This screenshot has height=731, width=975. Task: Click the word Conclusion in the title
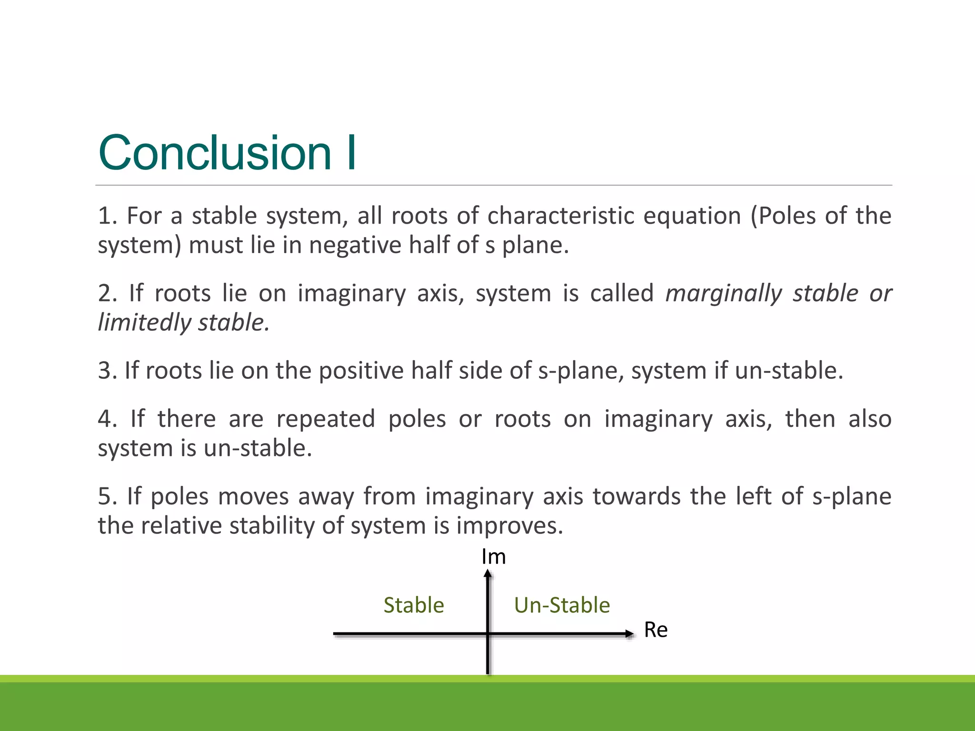214,153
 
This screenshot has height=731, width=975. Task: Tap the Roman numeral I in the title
351,153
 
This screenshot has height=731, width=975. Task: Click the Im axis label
493,557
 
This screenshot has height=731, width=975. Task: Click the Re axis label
656,630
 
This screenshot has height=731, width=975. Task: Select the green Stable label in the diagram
414,605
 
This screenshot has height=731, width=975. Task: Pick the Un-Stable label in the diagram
562,605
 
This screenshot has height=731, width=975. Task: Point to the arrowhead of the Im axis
487,574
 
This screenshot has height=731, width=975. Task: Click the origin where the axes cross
488,633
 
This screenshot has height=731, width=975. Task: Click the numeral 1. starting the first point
107,216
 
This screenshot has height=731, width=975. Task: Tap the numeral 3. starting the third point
107,371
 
